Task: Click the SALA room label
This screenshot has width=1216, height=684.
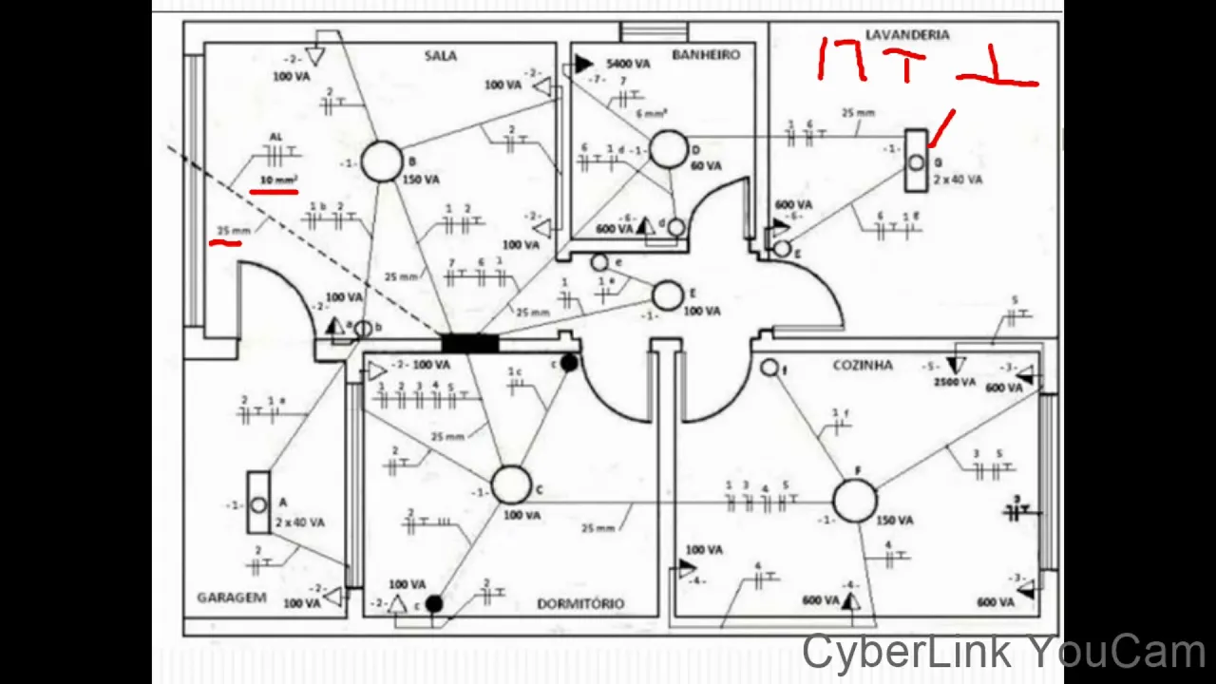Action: (440, 56)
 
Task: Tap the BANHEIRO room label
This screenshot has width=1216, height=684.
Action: (705, 55)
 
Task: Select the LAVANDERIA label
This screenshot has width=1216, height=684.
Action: (907, 35)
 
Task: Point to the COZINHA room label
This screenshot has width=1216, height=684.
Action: (863, 365)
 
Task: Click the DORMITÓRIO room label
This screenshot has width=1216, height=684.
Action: (580, 603)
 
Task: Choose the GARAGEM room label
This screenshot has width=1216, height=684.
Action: (231, 598)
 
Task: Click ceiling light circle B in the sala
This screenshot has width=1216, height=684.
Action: (382, 161)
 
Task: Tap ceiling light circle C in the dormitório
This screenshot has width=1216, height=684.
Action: (511, 484)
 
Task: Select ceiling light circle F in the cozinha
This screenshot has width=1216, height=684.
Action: (855, 501)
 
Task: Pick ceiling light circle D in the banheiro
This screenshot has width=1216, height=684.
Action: (669, 150)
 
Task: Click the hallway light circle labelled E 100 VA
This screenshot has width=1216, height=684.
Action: (668, 296)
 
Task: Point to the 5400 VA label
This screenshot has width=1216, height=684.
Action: (628, 64)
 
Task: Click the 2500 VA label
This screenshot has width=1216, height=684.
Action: (955, 382)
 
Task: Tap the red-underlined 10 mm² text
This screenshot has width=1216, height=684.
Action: (278, 180)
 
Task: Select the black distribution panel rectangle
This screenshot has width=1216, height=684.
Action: (470, 343)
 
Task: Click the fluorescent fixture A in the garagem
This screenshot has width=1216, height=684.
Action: (258, 503)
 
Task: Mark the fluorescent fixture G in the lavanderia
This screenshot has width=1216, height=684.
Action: (915, 162)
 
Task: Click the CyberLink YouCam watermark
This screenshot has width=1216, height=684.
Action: (1003, 653)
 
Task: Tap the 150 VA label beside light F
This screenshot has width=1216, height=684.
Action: (895, 521)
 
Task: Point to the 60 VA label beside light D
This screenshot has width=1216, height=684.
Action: (706, 166)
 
